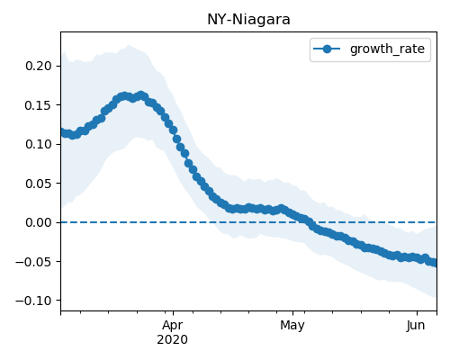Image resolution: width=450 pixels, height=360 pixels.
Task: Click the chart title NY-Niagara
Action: pos(248,20)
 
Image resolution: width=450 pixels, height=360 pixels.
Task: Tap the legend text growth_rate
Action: pos(387,49)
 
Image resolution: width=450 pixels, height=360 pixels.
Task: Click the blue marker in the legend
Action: pos(327,49)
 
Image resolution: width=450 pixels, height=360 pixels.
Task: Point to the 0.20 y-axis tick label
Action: pos(39,66)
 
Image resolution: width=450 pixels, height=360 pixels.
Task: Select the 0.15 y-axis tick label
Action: pos(39,105)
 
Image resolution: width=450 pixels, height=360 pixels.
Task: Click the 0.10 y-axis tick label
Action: pos(39,144)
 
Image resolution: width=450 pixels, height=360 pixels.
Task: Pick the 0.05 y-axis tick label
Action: pos(39,184)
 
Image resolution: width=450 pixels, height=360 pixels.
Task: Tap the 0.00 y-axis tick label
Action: pos(39,222)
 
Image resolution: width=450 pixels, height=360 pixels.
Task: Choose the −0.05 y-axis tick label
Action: pos(34,262)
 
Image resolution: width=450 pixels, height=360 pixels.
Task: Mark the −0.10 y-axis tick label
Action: pos(34,301)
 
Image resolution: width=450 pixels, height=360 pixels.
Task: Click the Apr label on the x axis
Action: pos(173,326)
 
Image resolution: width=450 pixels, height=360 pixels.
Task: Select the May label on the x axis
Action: pos(292,326)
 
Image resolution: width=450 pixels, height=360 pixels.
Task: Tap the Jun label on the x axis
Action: pos(416,325)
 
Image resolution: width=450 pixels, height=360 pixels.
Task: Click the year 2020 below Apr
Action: pos(173,339)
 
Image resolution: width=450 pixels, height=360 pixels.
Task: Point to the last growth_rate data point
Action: pos(435,263)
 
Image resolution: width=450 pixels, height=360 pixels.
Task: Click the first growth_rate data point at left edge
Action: pos(63,132)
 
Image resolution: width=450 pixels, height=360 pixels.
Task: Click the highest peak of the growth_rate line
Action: pos(141,95)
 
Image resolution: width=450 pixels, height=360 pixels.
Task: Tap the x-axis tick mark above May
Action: pos(293,313)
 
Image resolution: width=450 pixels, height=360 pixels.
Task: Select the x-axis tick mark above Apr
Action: pos(173,313)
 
